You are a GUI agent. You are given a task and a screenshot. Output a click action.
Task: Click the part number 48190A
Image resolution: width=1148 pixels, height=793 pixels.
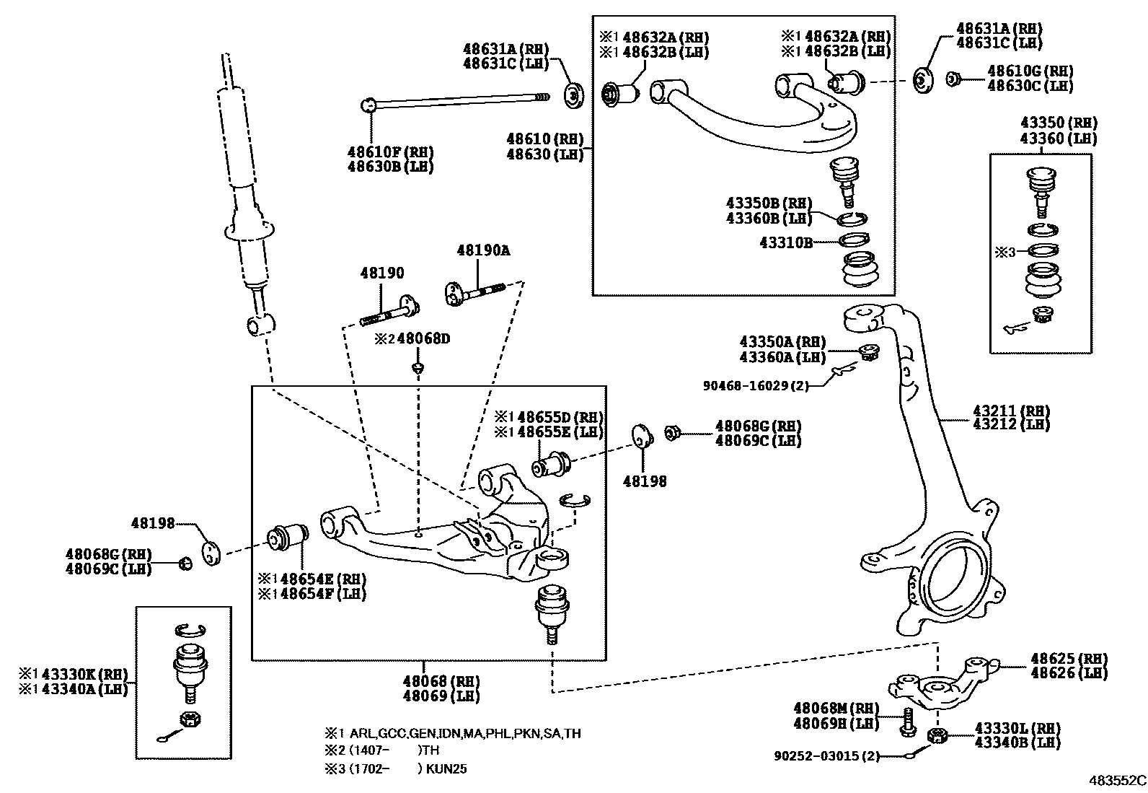pos(482,250)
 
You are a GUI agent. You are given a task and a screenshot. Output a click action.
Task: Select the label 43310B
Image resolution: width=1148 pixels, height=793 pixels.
pos(785,242)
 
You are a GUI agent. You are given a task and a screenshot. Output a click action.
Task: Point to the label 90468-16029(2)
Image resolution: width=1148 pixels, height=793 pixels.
pos(755,385)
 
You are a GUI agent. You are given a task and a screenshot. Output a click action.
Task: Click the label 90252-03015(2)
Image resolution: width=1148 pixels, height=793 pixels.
pos(826,755)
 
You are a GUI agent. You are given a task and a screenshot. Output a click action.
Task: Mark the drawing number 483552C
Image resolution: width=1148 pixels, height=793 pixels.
pos(1117,780)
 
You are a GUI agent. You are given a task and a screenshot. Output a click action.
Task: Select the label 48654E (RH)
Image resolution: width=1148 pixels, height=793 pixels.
pos(322,579)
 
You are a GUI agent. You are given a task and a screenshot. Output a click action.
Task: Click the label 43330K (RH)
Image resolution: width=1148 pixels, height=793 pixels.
pos(84,674)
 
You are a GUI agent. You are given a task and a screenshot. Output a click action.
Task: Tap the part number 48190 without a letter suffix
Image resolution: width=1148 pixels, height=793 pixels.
pos(382,273)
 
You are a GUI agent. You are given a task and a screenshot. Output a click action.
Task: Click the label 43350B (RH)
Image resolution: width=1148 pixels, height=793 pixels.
pos(769,203)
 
